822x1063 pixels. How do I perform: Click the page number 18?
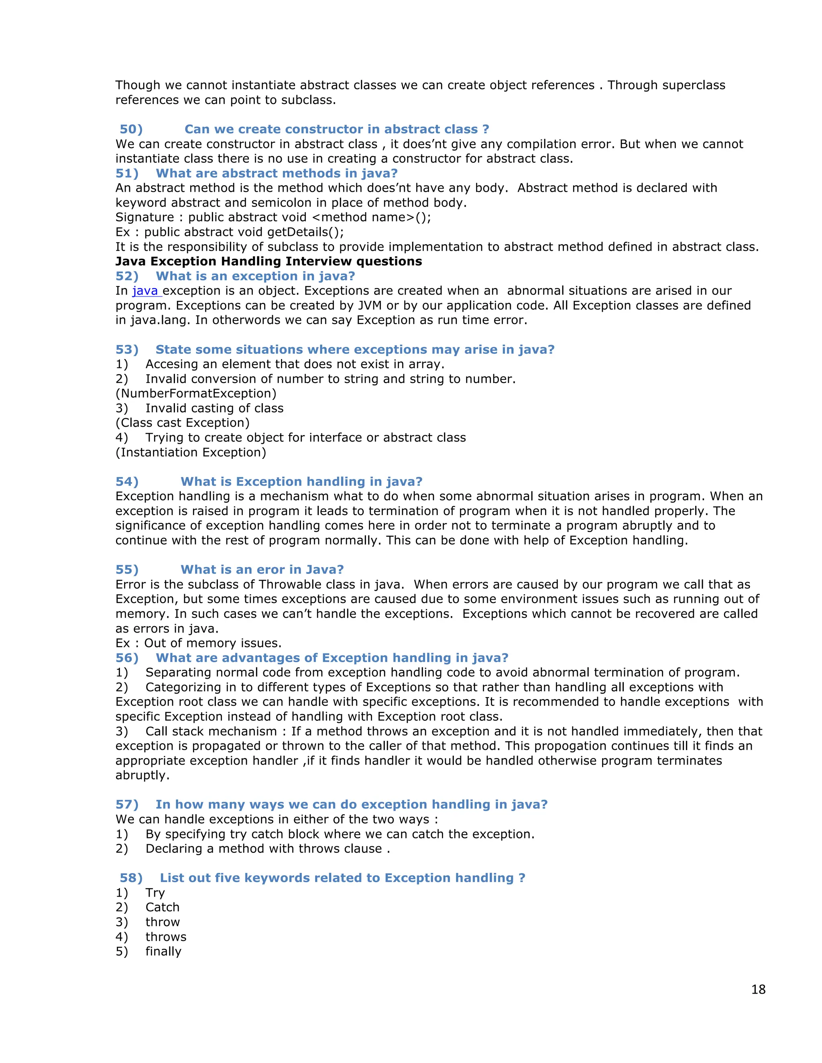(758, 989)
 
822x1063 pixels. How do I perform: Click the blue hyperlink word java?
(145, 291)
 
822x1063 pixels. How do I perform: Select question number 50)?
(131, 130)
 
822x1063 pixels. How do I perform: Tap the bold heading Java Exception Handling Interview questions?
(269, 262)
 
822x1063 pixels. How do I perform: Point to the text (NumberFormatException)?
(196, 393)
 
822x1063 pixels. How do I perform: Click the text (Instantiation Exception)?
(191, 452)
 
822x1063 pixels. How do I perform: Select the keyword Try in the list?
(155, 893)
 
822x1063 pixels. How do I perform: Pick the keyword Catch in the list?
(162, 907)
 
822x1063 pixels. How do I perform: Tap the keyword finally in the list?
(163, 951)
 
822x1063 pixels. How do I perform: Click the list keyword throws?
(166, 937)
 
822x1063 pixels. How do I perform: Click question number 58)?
(131, 878)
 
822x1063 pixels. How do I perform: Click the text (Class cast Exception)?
(183, 423)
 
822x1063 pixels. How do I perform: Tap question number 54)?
(126, 481)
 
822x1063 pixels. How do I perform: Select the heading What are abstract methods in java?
(276, 173)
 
